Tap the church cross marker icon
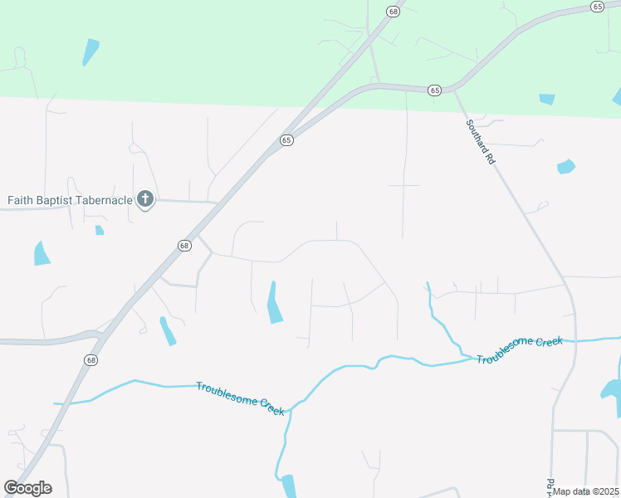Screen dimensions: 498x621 [x=145, y=199]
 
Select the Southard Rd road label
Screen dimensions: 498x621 [x=480, y=141]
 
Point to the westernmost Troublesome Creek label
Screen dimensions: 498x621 [x=240, y=398]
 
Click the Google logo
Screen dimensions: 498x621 [x=27, y=488]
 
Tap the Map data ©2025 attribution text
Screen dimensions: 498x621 [x=586, y=491]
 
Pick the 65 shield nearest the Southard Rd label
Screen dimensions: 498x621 [x=434, y=90]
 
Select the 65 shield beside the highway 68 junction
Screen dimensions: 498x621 [x=286, y=140]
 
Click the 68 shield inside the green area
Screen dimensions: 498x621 [x=393, y=12]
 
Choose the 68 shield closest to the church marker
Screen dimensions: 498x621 [x=184, y=246]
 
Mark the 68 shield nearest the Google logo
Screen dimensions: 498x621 [x=90, y=359]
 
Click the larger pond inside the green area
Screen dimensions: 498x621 [x=90, y=51]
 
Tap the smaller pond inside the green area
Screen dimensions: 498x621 [x=546, y=99]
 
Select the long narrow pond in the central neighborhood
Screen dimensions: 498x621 [x=273, y=303]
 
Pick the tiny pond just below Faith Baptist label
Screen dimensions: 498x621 [x=100, y=230]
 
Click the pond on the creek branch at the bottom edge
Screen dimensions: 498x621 [x=288, y=486]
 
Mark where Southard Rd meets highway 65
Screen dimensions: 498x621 [x=452, y=90]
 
